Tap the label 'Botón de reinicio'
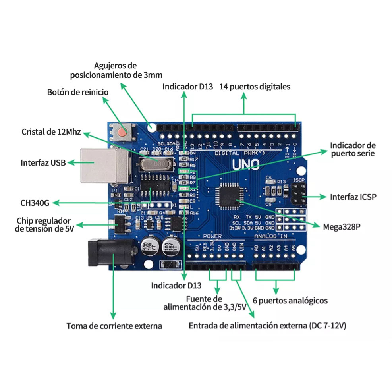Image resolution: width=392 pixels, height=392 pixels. pos(77,92)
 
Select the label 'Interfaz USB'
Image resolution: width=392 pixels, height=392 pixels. pos(43,162)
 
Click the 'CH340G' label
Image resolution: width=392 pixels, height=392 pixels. pos(35,203)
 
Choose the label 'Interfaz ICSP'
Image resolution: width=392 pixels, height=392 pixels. pos(353,197)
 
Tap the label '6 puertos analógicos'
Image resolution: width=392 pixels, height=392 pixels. pos(290,300)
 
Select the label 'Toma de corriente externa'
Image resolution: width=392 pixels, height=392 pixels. pos(114,326)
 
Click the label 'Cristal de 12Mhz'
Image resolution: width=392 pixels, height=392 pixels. pos(51,132)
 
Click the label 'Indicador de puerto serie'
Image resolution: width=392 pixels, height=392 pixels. pos(353,149)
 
